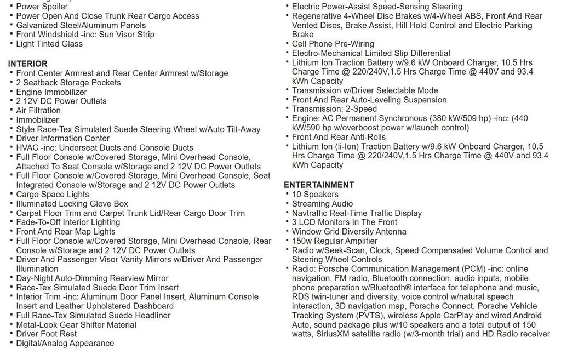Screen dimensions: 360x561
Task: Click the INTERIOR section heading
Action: pyautogui.click(x=28, y=64)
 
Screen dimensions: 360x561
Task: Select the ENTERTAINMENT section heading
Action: pyautogui.click(x=319, y=185)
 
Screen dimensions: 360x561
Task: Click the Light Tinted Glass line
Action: pyautogui.click(x=49, y=44)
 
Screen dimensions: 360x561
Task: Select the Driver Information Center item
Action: pyautogui.click(x=63, y=139)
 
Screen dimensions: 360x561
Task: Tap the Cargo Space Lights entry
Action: pyautogui.click(x=53, y=195)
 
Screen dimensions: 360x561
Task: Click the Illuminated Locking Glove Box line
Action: pyautogui.click(x=72, y=204)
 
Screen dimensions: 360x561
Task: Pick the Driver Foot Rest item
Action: pyautogui.click(x=47, y=334)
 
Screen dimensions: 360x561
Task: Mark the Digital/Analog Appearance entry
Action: pyautogui.click(x=65, y=344)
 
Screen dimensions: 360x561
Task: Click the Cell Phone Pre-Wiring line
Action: pyautogui.click(x=333, y=44)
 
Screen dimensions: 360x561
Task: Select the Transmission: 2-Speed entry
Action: pyautogui.click(x=334, y=109)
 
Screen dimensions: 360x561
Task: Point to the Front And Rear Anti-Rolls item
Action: pyautogui.click(x=339, y=137)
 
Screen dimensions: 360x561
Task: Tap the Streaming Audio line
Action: pyautogui.click(x=323, y=204)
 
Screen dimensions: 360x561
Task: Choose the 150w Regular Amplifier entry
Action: pyautogui.click(x=335, y=241)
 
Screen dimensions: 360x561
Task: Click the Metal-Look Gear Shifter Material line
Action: pyautogui.click(x=76, y=325)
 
